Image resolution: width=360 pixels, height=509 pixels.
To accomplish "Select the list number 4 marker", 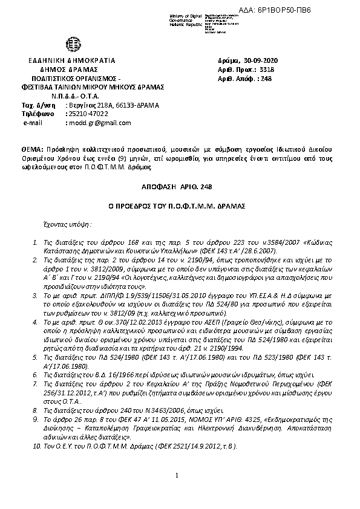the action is pos(37,324).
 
